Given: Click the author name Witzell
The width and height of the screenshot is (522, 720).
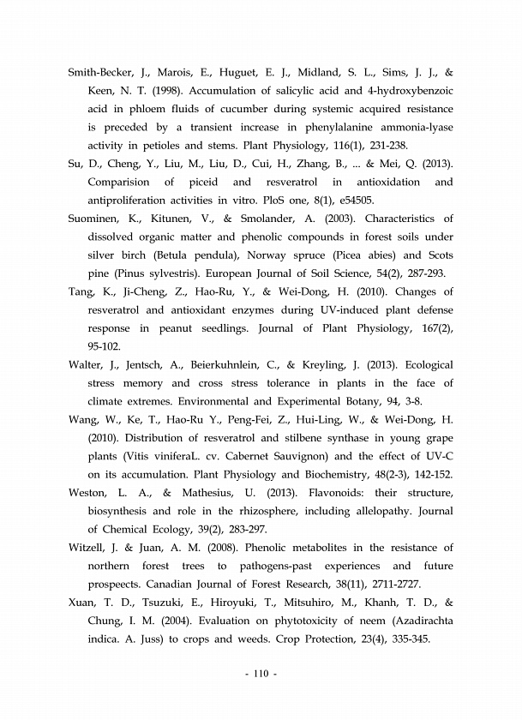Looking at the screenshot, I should click(x=88, y=547).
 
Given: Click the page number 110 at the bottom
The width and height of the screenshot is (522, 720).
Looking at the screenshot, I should click(x=261, y=674).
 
